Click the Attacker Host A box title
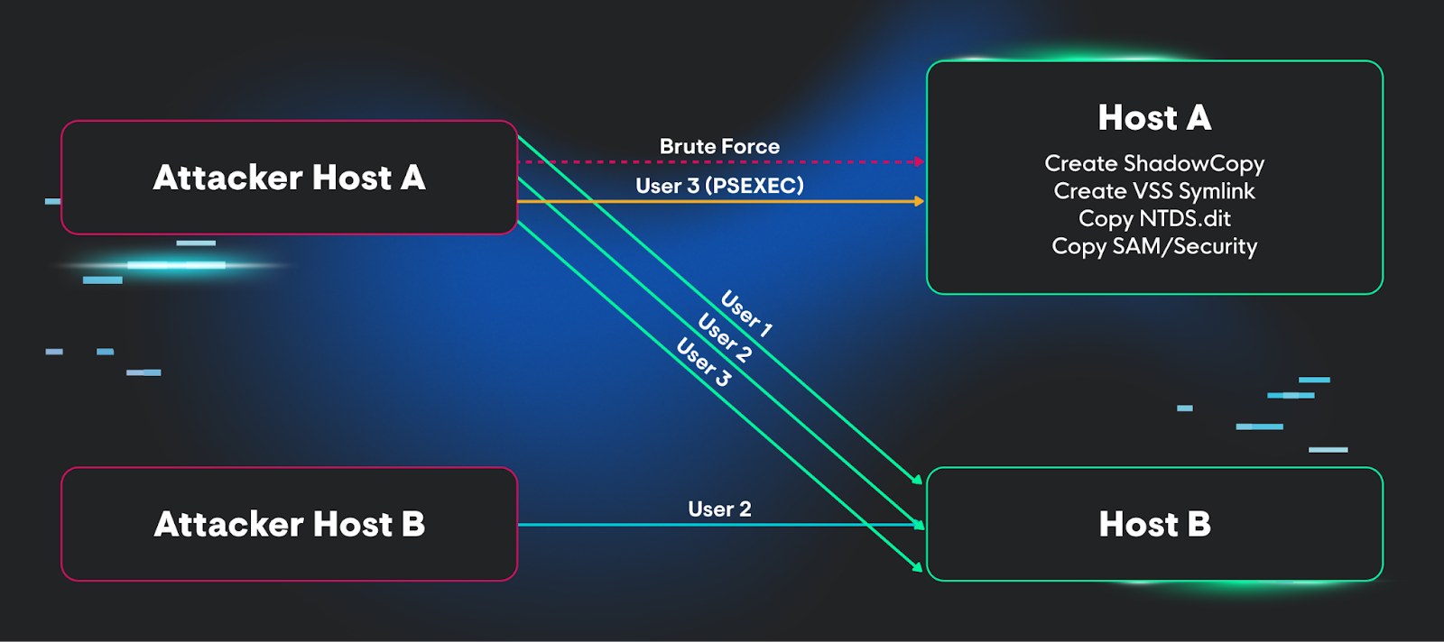[289, 178]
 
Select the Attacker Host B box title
[289, 524]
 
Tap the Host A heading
[1154, 117]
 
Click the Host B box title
[1154, 524]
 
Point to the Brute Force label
[719, 146]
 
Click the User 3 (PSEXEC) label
[719, 186]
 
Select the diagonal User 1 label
[746, 314]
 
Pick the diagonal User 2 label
[725, 337]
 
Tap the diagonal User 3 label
[703, 362]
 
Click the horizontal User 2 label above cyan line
[719, 509]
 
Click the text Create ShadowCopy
[1154, 163]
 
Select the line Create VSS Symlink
[1154, 191]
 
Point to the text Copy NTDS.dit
[1154, 218]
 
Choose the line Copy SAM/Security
[1154, 246]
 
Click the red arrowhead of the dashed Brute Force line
[920, 162]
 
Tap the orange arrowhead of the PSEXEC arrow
[920, 201]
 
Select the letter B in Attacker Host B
[412, 524]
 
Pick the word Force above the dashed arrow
[751, 146]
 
